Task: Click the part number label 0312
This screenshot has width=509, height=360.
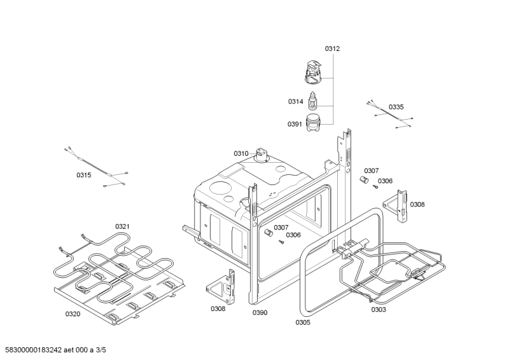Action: pyautogui.click(x=332, y=49)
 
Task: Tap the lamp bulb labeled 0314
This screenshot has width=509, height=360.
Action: pyautogui.click(x=312, y=100)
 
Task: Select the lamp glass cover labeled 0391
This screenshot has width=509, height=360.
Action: pyautogui.click(x=313, y=123)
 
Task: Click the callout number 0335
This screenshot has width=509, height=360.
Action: pyautogui.click(x=396, y=107)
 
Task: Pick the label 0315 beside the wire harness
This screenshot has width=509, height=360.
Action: pyautogui.click(x=84, y=175)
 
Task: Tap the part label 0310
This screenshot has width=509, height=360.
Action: pyautogui.click(x=241, y=153)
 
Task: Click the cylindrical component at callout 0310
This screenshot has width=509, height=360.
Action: pyautogui.click(x=261, y=155)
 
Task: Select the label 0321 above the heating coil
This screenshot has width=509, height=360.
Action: pyautogui.click(x=122, y=226)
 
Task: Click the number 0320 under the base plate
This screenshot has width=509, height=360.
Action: pyautogui.click(x=73, y=314)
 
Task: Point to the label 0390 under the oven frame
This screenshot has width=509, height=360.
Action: pyautogui.click(x=260, y=312)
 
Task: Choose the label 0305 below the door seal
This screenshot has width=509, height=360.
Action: pyautogui.click(x=303, y=322)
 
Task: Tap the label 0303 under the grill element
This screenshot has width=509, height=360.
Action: pyautogui.click(x=379, y=309)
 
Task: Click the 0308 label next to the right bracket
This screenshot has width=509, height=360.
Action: pyautogui.click(x=417, y=204)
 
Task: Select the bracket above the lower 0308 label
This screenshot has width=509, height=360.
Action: pyautogui.click(x=221, y=287)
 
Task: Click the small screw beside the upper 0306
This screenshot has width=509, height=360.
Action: pyautogui.click(x=375, y=186)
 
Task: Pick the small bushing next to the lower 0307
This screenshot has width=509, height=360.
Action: pyautogui.click(x=268, y=232)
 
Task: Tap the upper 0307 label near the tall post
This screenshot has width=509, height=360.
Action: pyautogui.click(x=372, y=170)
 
